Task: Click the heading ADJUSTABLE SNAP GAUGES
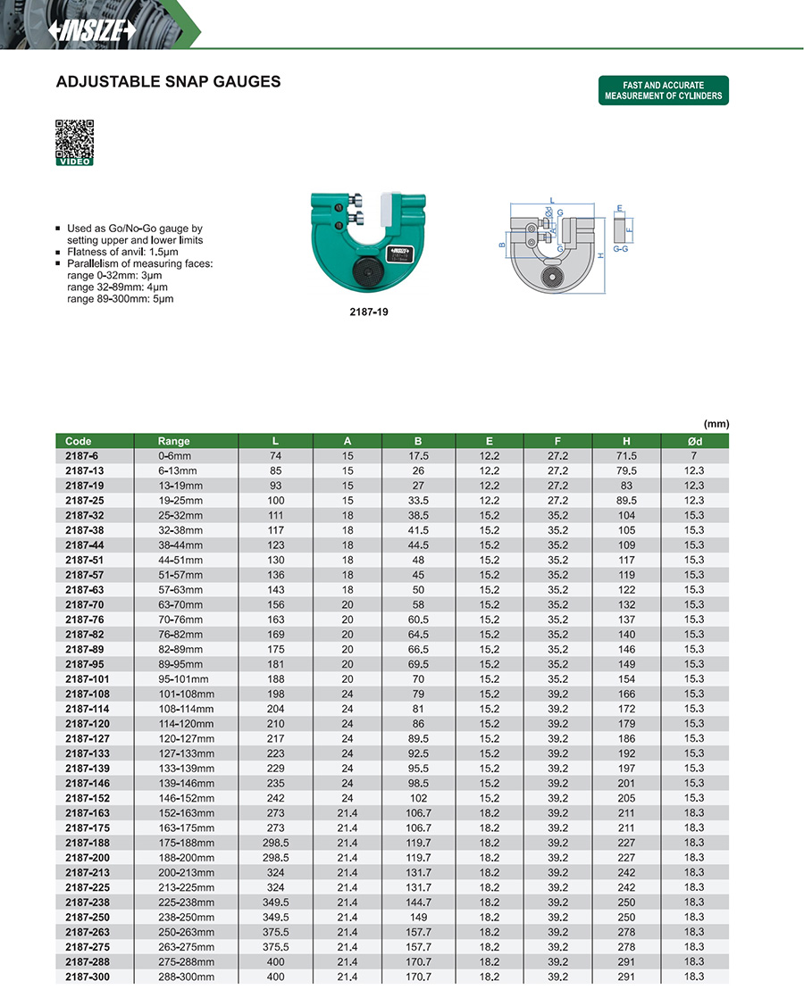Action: click(x=168, y=82)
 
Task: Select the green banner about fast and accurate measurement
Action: click(x=663, y=91)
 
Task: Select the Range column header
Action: click(x=174, y=441)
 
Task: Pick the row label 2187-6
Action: click(x=82, y=455)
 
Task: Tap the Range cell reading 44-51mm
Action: click(x=181, y=560)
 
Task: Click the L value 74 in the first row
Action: click(x=275, y=455)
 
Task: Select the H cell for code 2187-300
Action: click(x=626, y=977)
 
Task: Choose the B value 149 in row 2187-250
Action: click(x=418, y=918)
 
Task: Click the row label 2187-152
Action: click(x=86, y=798)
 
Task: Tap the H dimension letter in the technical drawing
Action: click(x=601, y=254)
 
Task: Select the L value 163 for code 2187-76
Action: click(x=275, y=620)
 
